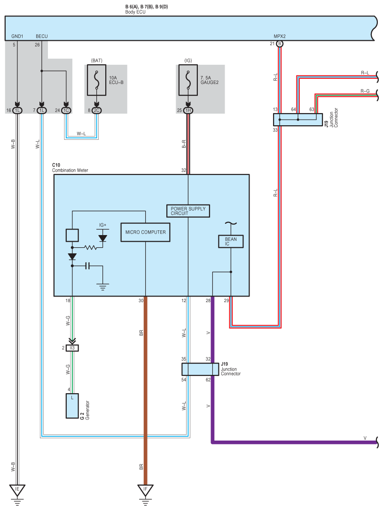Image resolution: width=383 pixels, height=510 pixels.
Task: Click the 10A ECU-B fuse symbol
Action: [x=96, y=80]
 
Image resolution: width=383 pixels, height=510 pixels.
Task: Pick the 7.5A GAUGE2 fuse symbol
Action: [x=188, y=80]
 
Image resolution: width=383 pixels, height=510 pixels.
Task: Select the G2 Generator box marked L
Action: [x=72, y=405]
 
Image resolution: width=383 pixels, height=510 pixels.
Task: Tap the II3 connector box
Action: [x=72, y=348]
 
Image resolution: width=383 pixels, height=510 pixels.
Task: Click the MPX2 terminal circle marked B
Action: [x=280, y=44]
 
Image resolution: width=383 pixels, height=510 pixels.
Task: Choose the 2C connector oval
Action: [x=96, y=111]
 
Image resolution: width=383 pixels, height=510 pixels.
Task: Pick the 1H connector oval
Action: [x=188, y=111]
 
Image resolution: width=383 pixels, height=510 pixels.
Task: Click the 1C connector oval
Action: [x=66, y=111]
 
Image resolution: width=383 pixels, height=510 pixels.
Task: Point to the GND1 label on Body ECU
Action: [x=17, y=37]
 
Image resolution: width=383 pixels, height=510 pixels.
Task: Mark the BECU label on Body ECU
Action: [x=42, y=37]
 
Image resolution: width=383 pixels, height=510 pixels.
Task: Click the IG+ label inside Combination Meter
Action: [x=102, y=225]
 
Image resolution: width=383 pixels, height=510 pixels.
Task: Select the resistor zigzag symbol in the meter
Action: [x=90, y=248]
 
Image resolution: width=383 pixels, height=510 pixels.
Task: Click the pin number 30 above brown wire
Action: [x=141, y=301]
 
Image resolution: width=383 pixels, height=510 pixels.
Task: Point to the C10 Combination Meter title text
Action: [x=70, y=168]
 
